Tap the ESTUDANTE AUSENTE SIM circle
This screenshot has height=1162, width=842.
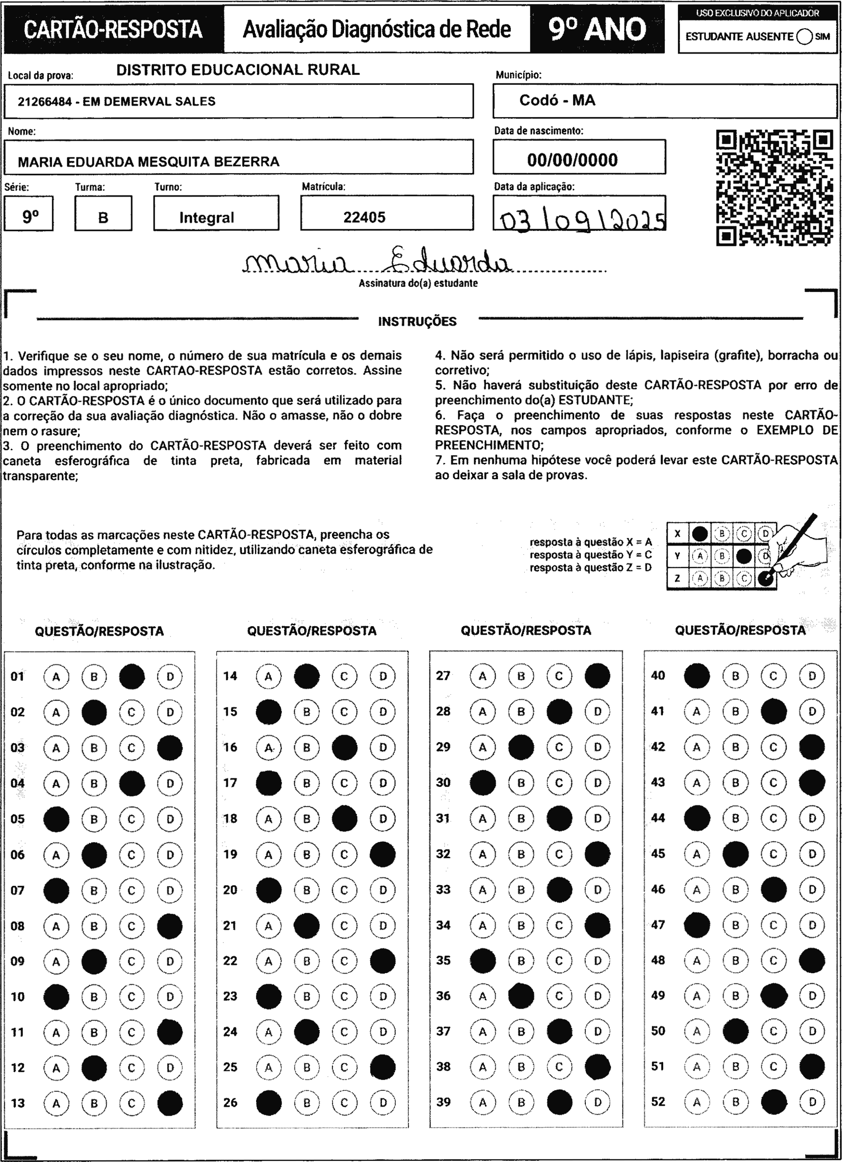point(804,37)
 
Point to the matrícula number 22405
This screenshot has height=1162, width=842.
point(364,217)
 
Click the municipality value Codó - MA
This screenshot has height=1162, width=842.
point(557,100)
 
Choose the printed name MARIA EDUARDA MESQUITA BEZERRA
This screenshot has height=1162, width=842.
point(149,162)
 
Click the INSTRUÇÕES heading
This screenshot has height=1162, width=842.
point(417,322)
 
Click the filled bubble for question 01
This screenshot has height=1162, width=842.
point(132,676)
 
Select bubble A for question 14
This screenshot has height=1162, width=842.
point(269,676)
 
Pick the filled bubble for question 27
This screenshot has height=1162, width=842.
point(597,676)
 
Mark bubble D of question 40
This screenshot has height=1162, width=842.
point(812,676)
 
